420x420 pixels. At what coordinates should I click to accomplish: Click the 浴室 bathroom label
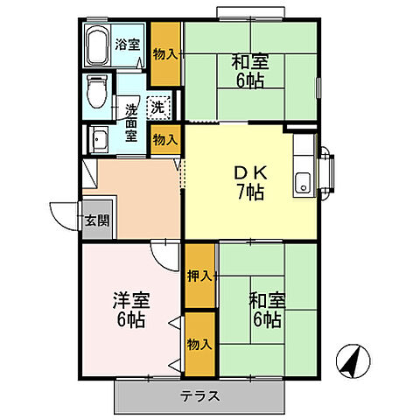point(129,45)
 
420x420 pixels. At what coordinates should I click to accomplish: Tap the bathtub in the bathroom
point(99,45)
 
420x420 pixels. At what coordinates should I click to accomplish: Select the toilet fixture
point(97,90)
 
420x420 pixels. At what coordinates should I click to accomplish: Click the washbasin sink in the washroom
point(97,137)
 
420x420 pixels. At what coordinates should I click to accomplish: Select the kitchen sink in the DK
point(303,183)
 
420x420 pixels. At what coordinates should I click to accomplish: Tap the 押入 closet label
point(199,276)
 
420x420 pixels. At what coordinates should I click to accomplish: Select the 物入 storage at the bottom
point(199,345)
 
